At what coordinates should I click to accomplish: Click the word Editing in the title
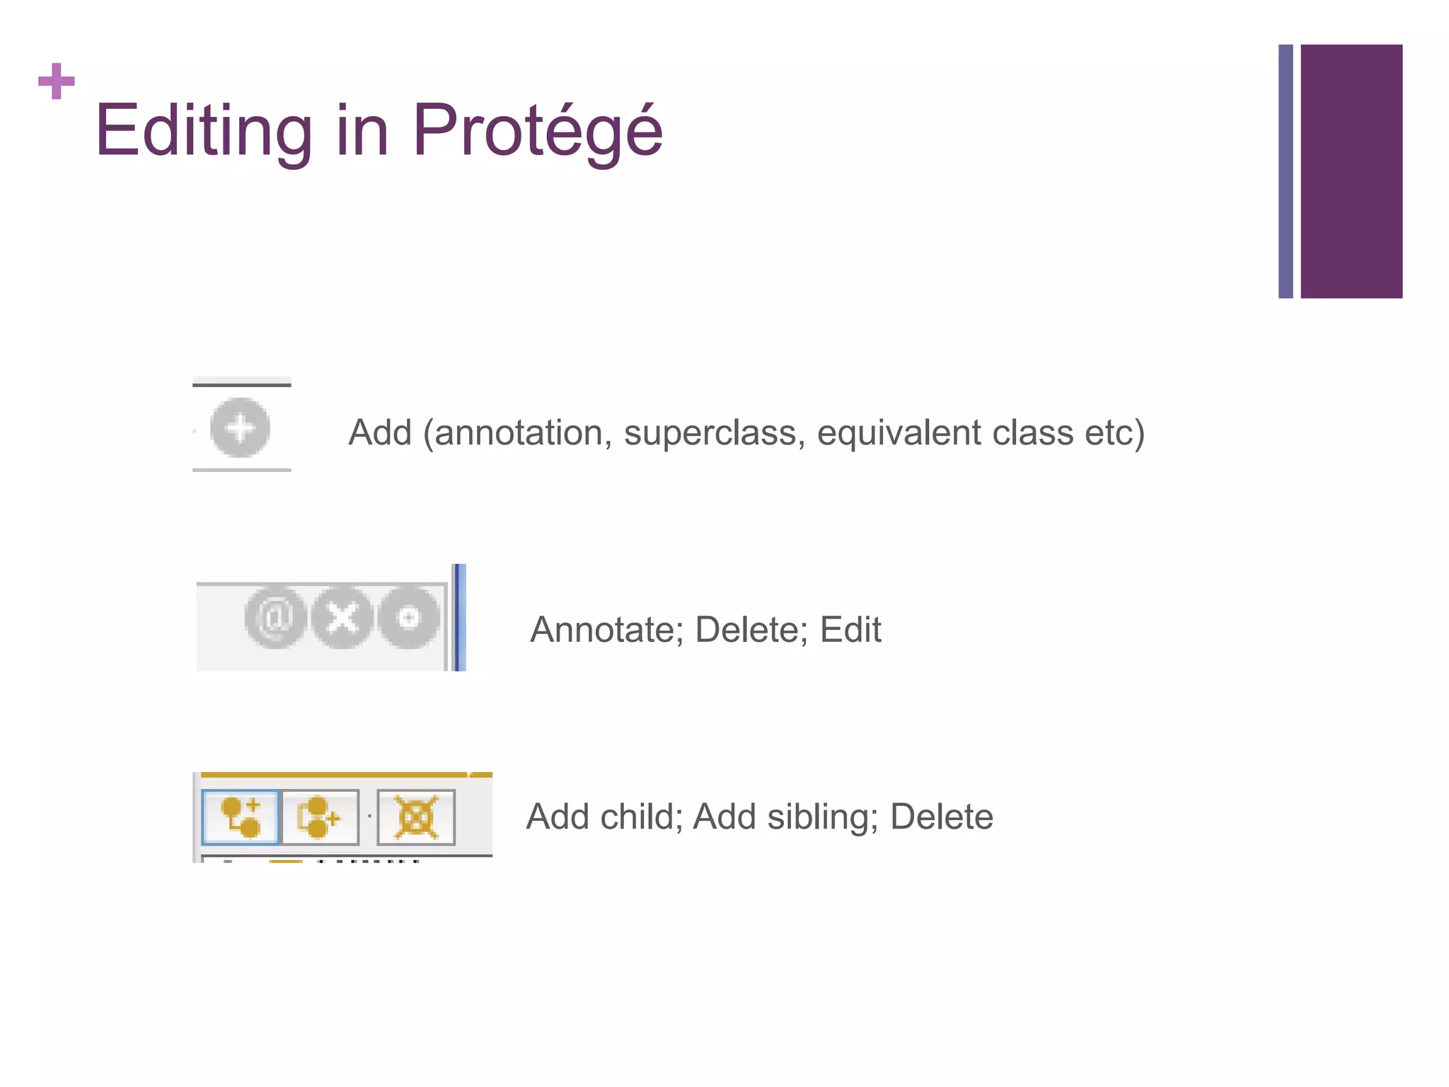click(203, 131)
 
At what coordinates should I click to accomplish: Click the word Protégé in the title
click(537, 131)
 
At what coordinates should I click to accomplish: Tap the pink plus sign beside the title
click(57, 81)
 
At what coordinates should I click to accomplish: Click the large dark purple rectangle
click(1351, 171)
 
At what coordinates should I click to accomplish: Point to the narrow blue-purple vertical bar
click(1285, 171)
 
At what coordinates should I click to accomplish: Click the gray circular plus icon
click(240, 428)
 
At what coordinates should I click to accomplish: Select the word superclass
click(714, 432)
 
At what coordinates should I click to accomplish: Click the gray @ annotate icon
click(275, 618)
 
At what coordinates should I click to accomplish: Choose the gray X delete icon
click(342, 618)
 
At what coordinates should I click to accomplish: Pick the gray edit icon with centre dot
click(408, 618)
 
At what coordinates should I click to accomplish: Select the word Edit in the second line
click(850, 629)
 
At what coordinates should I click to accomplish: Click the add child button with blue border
click(241, 817)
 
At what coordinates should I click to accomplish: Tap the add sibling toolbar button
click(320, 817)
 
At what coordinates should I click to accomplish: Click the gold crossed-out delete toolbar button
click(416, 817)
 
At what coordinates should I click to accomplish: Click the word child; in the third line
click(641, 817)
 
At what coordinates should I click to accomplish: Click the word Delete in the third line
click(941, 817)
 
